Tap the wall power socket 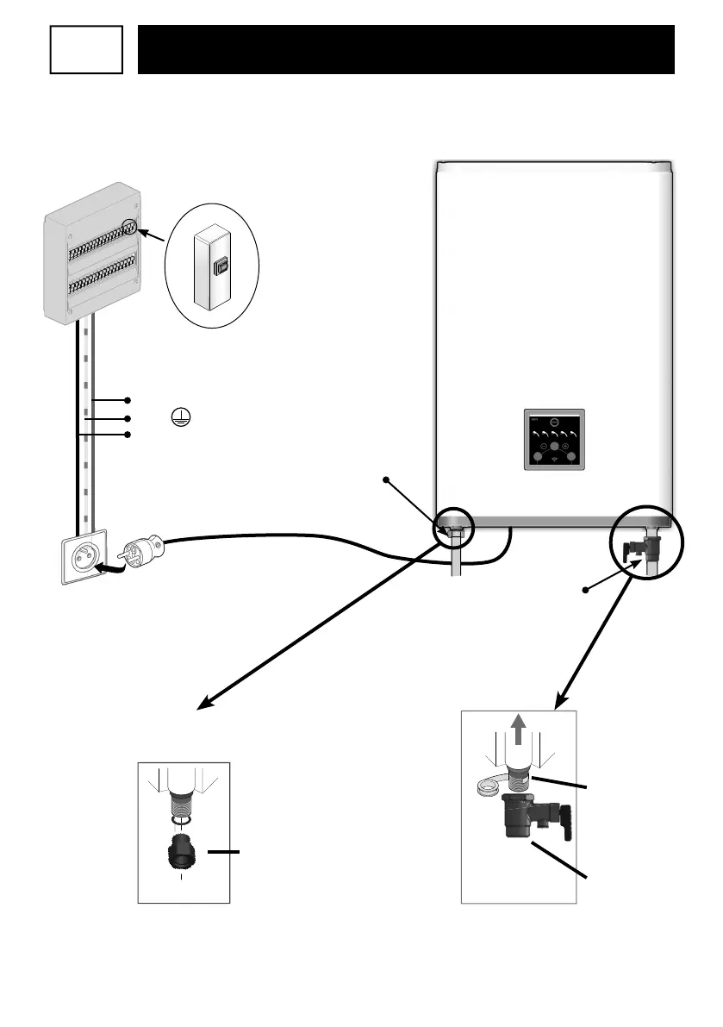pyautogui.click(x=85, y=556)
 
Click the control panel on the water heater pyautogui.click(x=554, y=439)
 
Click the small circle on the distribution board pyautogui.click(x=129, y=228)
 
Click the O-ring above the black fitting pyautogui.click(x=182, y=821)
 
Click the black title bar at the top pyautogui.click(x=406, y=49)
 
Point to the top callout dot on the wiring pyautogui.click(x=128, y=400)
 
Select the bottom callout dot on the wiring pyautogui.click(x=128, y=435)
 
